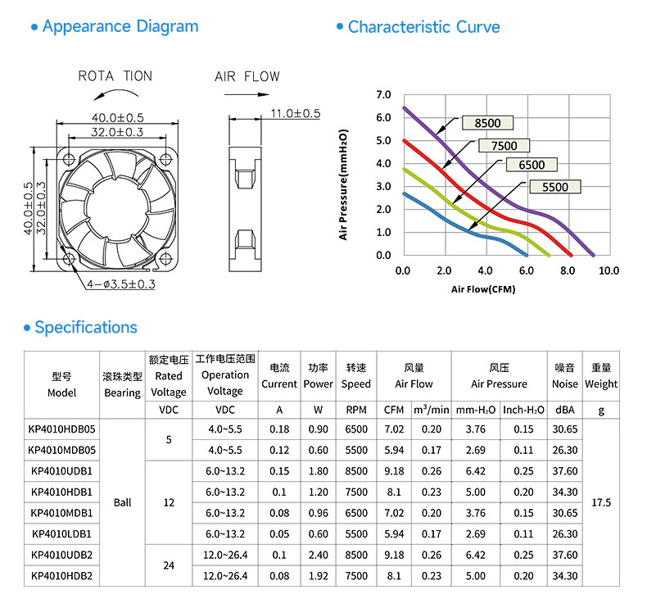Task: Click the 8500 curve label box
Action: click(x=487, y=123)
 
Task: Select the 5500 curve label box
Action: click(x=555, y=187)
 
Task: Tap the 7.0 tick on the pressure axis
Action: click(x=383, y=95)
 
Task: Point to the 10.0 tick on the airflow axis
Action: click(x=609, y=270)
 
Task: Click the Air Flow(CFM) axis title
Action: click(x=483, y=289)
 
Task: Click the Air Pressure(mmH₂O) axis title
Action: click(x=343, y=184)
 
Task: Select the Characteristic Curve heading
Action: click(x=423, y=27)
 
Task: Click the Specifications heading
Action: click(x=86, y=328)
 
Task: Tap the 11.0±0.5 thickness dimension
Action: click(x=296, y=114)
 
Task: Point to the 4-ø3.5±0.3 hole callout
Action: click(x=121, y=284)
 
